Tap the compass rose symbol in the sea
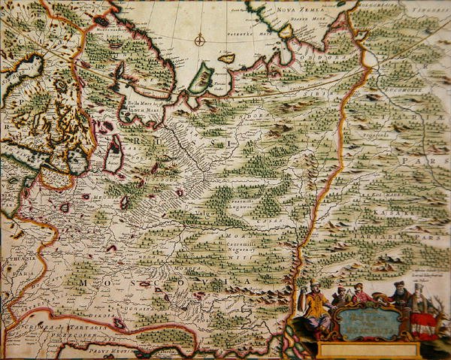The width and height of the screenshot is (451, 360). (201, 41)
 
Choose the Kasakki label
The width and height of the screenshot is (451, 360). (395, 213)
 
